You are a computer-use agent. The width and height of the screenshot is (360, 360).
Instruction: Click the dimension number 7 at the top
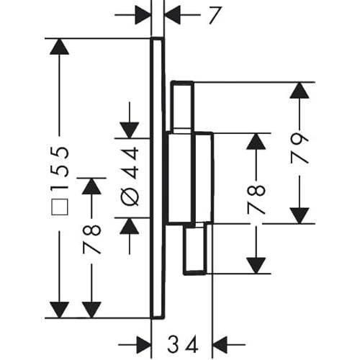point(215,15)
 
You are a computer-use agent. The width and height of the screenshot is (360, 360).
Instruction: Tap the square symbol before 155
point(60,207)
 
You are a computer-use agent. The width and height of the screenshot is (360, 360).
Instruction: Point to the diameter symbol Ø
point(130,197)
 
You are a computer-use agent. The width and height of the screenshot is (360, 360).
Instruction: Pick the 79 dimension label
point(300,148)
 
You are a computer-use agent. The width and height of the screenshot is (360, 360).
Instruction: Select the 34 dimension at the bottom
point(183,344)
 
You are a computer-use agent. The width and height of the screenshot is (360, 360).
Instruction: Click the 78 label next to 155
point(91,239)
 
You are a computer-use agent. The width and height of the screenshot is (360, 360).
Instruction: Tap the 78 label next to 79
point(256,199)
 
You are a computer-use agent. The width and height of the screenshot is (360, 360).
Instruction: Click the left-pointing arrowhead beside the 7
point(173,15)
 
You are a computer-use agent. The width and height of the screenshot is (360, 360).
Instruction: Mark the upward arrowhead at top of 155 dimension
point(59,47)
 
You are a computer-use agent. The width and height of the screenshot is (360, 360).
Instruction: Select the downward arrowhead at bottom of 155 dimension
point(59,310)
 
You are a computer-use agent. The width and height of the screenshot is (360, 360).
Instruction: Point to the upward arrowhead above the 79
point(300,90)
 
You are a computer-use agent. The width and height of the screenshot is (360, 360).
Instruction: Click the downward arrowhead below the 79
point(300,216)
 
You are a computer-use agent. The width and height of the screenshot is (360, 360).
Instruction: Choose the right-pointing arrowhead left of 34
point(144,345)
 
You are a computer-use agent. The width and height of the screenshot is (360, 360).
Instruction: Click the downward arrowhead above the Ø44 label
point(130,130)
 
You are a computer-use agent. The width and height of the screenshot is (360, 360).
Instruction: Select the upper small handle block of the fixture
point(182,107)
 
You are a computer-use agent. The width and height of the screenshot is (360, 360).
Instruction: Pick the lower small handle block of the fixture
point(195,248)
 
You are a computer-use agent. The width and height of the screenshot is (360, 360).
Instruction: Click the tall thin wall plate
point(158,178)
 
